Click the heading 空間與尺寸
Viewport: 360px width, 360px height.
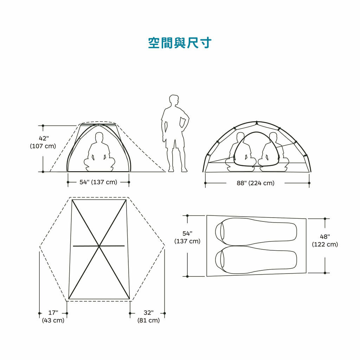coord(180,43)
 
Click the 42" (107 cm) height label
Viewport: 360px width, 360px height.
coord(43,142)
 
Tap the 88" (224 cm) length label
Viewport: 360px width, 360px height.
coord(256,183)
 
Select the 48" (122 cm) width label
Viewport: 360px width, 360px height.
coord(325,240)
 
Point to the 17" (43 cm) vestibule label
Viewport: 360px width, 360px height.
coord(53,316)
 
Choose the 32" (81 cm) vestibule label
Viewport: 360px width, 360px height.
coord(149,316)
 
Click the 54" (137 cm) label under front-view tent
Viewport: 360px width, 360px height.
coord(98,182)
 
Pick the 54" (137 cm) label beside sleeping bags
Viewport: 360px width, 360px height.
coord(187,237)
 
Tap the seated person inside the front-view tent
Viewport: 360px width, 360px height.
coord(99,152)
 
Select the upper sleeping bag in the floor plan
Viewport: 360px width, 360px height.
coord(256,232)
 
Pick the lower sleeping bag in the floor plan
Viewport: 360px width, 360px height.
coord(256,260)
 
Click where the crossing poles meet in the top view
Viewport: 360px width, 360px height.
coord(99,246)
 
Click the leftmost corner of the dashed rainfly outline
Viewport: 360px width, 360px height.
coord(40,247)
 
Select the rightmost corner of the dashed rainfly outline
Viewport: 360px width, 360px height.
coord(165,246)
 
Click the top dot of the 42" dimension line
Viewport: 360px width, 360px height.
coord(43,126)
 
